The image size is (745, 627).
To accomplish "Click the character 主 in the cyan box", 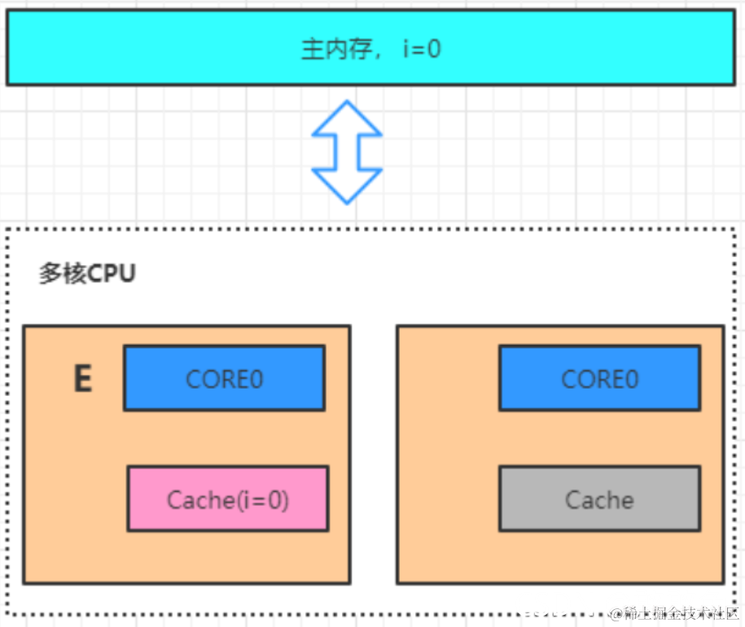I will tap(313, 50).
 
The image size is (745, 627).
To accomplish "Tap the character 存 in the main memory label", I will tap(360, 50).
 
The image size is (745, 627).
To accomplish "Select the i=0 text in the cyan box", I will tap(422, 50).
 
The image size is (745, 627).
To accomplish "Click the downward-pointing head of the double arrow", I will tap(347, 186).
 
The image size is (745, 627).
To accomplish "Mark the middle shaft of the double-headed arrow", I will tap(347, 152).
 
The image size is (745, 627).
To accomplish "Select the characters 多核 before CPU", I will tap(63, 274).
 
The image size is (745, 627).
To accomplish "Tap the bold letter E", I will tap(82, 380).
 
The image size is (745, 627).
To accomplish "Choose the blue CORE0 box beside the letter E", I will tap(224, 378).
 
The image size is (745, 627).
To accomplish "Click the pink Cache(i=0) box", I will tap(228, 499).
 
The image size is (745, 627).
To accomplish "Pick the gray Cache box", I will tap(599, 499).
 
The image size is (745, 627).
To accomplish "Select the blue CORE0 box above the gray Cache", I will tap(599, 378).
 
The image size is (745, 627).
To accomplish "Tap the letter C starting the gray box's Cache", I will tap(573, 499).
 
